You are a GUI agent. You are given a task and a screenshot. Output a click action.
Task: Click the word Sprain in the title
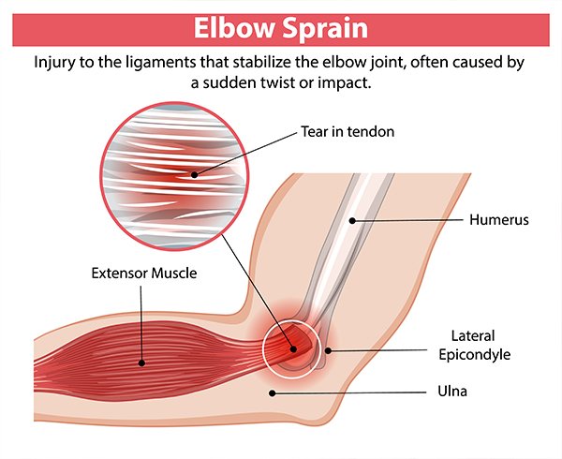coord(325,29)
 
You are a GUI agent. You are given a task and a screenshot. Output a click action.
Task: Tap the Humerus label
coord(499,219)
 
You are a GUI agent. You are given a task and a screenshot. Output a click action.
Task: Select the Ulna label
coord(452,391)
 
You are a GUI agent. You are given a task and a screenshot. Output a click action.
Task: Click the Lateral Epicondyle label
coord(475,345)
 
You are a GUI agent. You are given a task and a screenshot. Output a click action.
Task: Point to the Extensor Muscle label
coord(144,273)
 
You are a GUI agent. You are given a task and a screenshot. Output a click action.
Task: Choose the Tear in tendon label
coord(348,131)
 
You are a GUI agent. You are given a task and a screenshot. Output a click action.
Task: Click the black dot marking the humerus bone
coord(352,221)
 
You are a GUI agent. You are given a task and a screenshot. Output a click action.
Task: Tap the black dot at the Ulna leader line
coord(273,393)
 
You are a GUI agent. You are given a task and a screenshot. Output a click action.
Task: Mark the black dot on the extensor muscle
coord(142,363)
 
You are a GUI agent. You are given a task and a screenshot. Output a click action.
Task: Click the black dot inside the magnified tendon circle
coord(194,175)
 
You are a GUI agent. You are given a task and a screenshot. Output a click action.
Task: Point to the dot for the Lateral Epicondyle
coord(328,350)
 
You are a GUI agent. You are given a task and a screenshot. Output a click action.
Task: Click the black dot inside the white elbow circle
coord(293,348)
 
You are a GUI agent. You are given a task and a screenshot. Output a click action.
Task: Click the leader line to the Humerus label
coord(407,220)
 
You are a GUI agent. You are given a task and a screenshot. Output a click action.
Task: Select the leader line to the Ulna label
coord(349,392)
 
